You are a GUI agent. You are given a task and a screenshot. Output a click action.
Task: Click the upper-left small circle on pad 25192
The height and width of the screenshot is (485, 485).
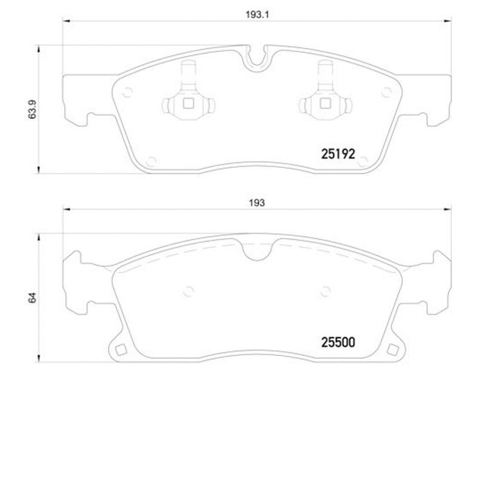pyautogui.click(x=127, y=92)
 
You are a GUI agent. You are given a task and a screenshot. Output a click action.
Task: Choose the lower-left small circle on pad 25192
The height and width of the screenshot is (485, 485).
pyautogui.click(x=149, y=161)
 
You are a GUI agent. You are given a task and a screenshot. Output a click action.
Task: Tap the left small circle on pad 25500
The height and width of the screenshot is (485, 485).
pyautogui.click(x=188, y=290)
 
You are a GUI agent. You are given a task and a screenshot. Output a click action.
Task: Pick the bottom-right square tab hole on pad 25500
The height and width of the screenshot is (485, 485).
pyautogui.click(x=395, y=349)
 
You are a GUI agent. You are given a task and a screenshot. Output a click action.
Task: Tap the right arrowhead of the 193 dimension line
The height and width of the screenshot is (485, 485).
pyautogui.click(x=447, y=210)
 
